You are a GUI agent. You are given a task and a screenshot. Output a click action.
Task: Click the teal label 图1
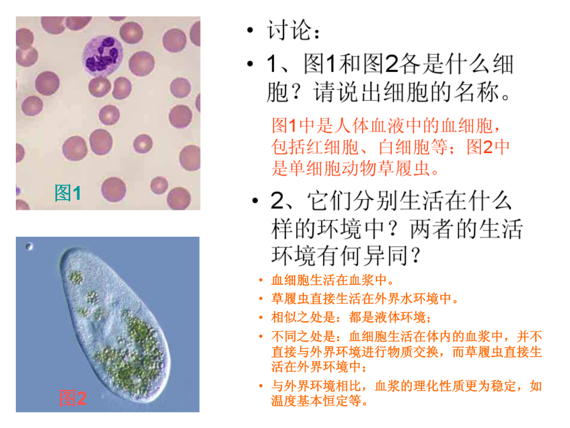[x=68, y=193]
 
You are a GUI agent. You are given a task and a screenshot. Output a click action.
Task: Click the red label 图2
[x=73, y=398]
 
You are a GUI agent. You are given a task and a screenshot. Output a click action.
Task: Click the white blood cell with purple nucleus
[x=102, y=55]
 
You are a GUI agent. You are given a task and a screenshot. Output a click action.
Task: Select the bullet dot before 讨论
[x=250, y=30]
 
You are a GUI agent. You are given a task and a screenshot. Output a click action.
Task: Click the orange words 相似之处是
[x=303, y=318]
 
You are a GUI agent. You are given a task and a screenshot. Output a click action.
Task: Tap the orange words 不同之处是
[x=303, y=337]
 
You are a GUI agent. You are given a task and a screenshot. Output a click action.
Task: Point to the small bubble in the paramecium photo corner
[x=30, y=246]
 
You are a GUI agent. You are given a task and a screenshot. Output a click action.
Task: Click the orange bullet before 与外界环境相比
[x=261, y=386]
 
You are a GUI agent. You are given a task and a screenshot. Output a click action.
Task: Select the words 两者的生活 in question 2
[x=467, y=229]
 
